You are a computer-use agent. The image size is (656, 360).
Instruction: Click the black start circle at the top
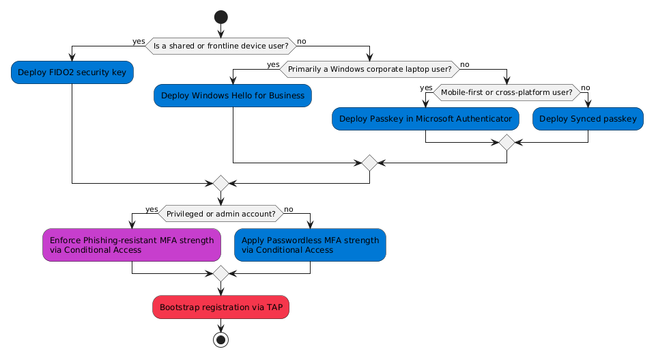220,15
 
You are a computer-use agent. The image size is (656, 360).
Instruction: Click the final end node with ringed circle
220,340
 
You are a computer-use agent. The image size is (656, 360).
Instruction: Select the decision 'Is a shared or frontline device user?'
220,46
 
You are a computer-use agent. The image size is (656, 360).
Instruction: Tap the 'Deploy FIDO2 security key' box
72,72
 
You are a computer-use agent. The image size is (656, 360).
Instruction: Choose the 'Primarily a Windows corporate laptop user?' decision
369,69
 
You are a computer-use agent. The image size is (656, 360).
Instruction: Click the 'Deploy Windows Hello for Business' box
233,95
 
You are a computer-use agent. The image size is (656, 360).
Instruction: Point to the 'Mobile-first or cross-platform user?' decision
507,92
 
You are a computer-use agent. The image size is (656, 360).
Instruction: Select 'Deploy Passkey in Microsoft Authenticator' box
425,118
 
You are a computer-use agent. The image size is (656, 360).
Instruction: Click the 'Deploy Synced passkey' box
588,118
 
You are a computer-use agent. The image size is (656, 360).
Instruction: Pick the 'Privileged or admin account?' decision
220,213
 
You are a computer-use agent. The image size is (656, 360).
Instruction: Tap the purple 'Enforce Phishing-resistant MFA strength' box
132,245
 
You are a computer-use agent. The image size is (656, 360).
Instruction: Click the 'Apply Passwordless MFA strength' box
310,245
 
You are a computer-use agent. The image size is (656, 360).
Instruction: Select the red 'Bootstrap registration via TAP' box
220,307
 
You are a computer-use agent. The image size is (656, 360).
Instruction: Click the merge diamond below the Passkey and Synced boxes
507,142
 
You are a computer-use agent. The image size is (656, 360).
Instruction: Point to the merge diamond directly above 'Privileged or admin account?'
220,183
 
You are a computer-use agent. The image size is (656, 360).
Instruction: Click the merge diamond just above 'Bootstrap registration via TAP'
220,274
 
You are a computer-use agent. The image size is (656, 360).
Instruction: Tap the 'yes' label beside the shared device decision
139,42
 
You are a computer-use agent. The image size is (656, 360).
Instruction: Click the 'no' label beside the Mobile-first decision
585,87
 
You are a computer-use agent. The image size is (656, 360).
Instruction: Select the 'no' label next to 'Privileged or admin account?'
289,208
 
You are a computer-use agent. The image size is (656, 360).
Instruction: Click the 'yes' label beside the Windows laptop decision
273,64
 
